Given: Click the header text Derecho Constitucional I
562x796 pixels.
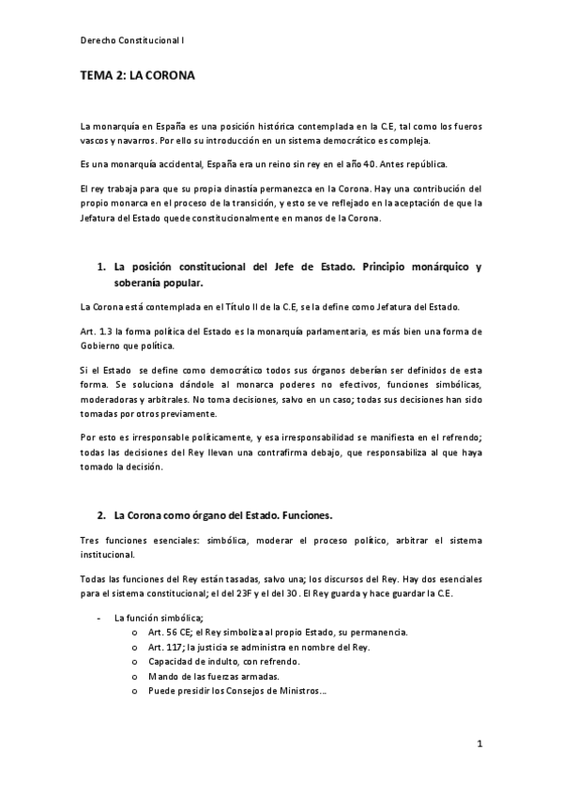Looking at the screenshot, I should pyautogui.click(x=132, y=40).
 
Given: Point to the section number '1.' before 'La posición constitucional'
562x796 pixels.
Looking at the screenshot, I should pyautogui.click(x=102, y=267).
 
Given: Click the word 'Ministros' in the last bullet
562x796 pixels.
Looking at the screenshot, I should pyautogui.click(x=296, y=693).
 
